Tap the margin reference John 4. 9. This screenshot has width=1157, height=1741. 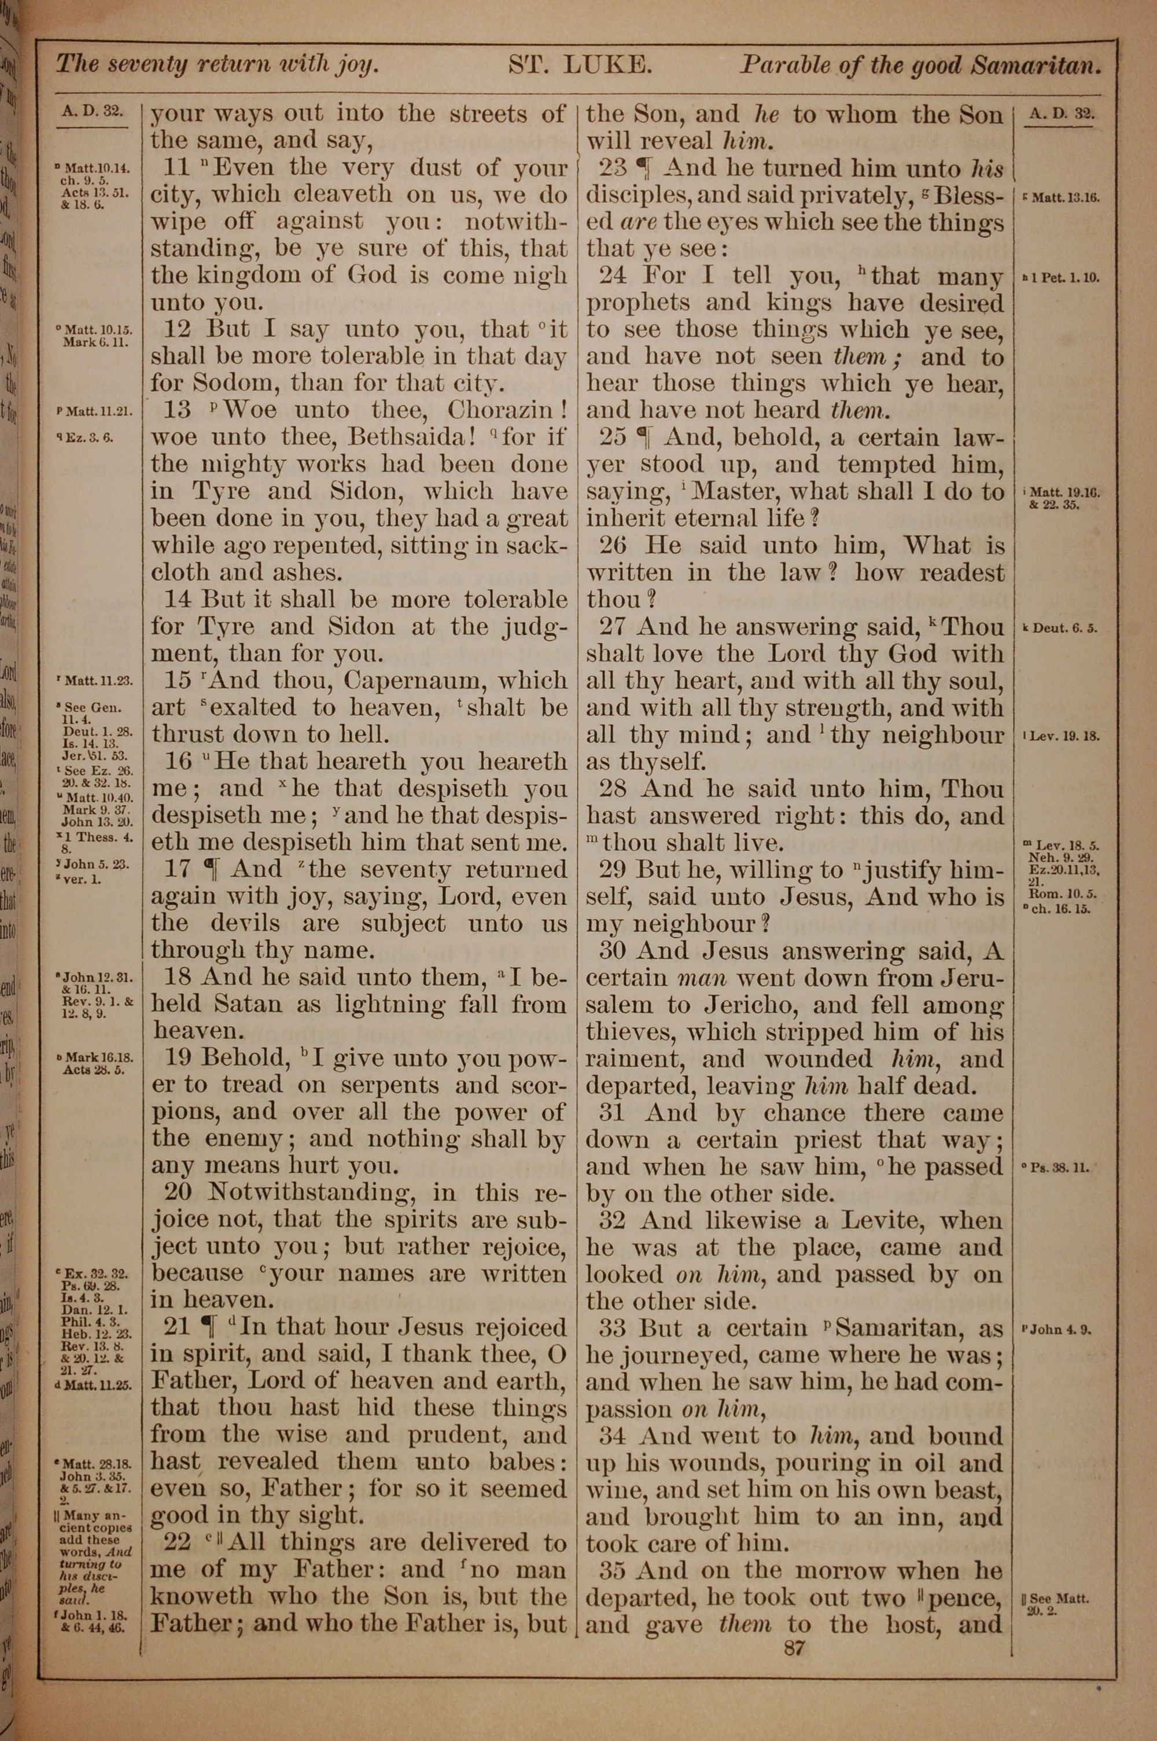pos(1061,1330)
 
